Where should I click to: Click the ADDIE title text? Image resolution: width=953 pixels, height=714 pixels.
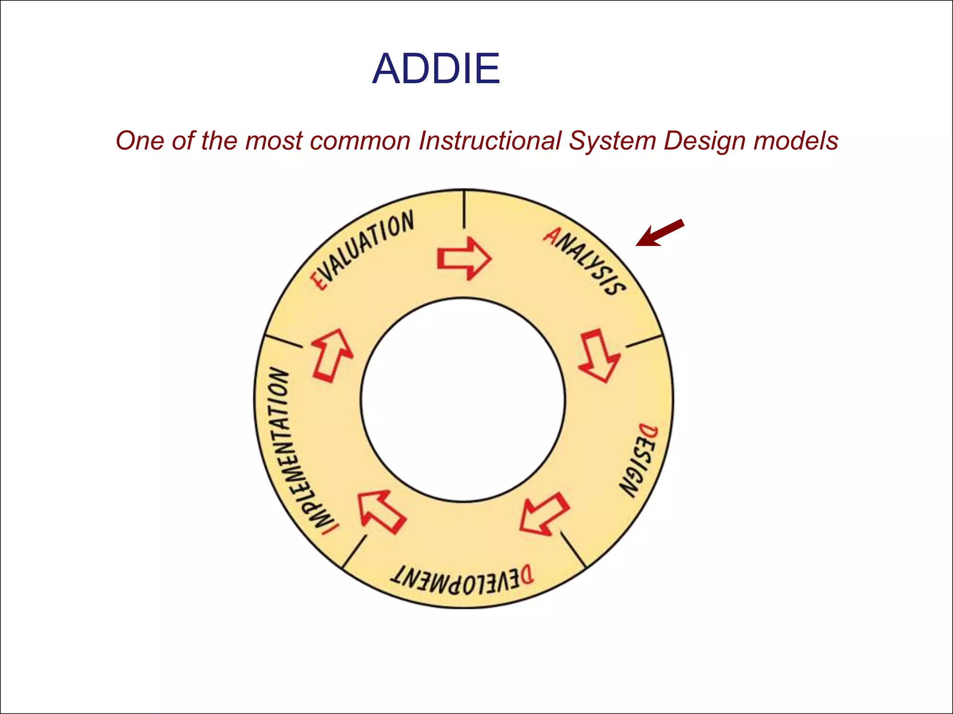point(436,69)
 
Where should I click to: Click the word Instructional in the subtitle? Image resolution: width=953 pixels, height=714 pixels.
point(490,140)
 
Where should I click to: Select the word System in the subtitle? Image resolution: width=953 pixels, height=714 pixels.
point(612,141)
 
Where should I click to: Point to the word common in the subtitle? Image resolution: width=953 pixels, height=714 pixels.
point(360,140)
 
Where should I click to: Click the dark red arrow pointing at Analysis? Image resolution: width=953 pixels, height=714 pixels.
point(659,232)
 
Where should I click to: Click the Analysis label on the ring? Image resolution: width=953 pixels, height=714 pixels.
point(585,261)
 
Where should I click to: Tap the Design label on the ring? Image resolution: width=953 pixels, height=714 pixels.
point(640,460)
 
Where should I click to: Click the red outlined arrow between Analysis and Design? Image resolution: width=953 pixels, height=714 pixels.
point(599,356)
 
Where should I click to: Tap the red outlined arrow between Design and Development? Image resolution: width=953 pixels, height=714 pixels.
point(544,514)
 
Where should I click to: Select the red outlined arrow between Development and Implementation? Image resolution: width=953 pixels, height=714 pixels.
point(381,512)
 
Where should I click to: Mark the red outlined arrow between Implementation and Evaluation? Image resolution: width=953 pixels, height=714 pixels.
point(332,355)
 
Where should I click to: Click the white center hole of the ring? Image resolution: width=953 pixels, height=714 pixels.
point(463,400)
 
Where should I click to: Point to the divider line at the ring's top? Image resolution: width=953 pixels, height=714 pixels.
point(464,210)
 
